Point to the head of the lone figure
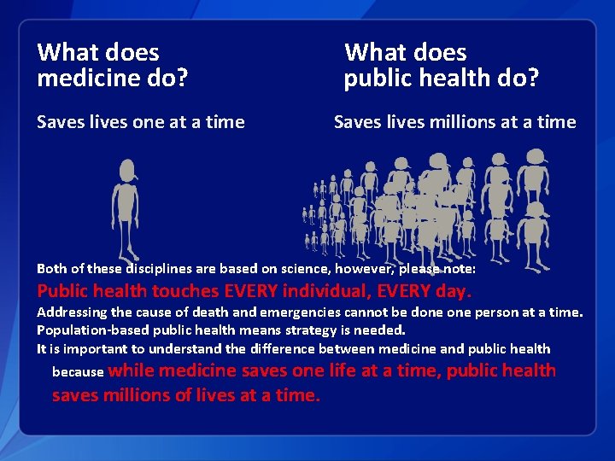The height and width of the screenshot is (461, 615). coord(127,169)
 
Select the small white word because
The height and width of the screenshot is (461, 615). coord(78,372)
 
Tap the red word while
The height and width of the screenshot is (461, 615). coord(132,371)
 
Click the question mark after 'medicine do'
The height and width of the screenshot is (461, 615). coord(183,79)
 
